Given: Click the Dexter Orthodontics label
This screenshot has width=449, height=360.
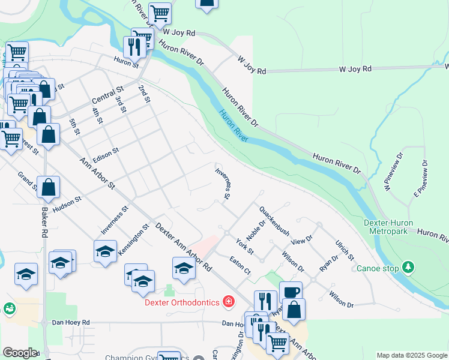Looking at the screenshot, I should tap(181, 302).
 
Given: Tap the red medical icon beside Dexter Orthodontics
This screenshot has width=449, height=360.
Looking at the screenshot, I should tap(228, 301).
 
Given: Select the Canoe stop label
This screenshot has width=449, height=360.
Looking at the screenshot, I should tap(378, 268).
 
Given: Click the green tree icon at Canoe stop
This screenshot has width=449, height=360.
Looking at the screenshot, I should tap(408, 266).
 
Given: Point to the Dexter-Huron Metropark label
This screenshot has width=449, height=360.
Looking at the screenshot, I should tap(390, 227).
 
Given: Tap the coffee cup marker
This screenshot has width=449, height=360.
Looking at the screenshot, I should tap(291, 293).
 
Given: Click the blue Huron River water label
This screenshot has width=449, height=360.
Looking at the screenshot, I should tap(233, 127).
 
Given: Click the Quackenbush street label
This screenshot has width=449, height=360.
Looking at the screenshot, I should tap(274, 221).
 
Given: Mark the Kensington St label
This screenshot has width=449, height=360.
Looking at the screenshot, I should tap(133, 240).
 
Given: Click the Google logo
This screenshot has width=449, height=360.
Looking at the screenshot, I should tap(20, 353).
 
